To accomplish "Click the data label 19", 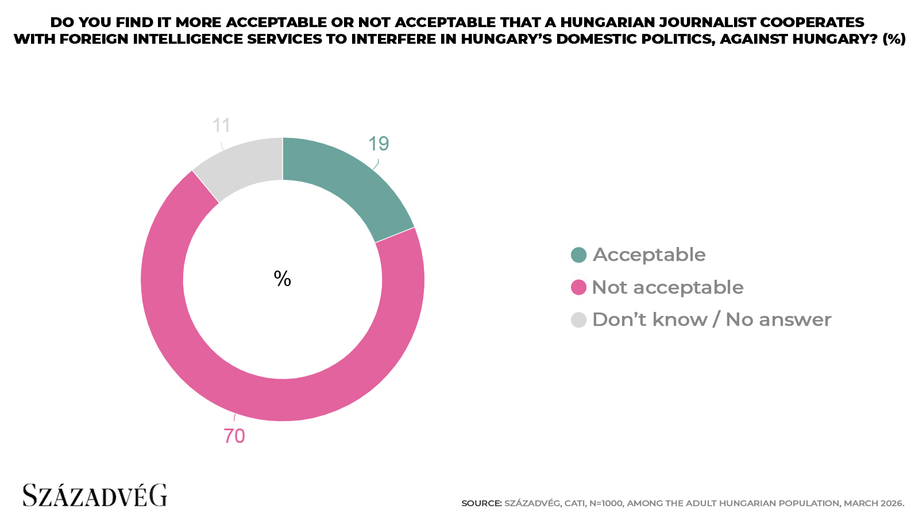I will point(379,144).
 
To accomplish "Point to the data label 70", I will point(234,436).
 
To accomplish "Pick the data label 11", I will point(221,125).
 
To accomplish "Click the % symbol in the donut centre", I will point(283,279).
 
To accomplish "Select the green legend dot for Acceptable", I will point(578,255).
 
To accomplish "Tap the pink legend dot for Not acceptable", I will point(578,287).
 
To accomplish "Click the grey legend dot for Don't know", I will point(578,320).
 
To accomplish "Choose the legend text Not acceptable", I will point(667,287).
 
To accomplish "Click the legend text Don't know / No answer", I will point(712,320).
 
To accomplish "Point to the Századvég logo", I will point(95,495).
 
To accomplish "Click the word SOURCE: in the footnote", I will point(481,503).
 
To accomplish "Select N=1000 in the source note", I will point(606,503).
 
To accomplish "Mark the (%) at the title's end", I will point(894,39).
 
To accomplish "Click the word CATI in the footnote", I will point(575,503).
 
